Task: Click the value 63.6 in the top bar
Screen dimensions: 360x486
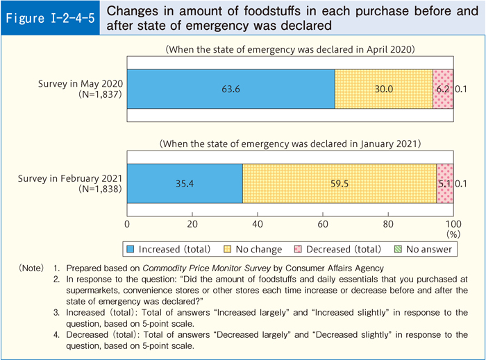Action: (231, 89)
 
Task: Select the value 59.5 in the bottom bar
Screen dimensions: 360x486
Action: (340, 184)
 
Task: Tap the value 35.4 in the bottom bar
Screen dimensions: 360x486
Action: (185, 184)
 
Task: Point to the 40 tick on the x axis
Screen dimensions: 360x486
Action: (258, 224)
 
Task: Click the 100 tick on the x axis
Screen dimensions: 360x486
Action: (453, 224)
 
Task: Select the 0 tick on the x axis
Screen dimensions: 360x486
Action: (127, 224)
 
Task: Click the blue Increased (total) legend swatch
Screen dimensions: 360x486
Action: (131, 248)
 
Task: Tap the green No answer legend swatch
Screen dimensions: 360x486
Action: (397, 248)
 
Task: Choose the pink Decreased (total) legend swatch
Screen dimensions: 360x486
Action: (300, 248)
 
